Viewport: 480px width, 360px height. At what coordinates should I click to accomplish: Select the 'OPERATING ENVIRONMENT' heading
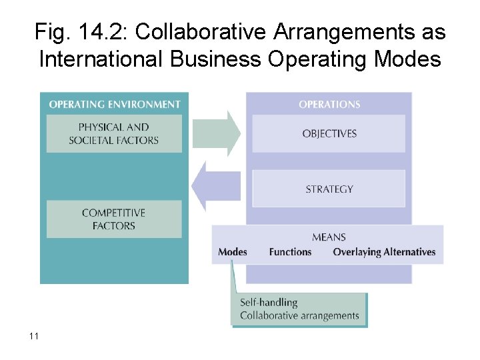115,104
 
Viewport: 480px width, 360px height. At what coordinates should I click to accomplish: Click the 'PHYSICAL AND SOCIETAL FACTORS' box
114,133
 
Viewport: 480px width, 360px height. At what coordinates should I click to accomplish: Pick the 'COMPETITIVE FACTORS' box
113,219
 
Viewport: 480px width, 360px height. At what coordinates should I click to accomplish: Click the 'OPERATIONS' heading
329,104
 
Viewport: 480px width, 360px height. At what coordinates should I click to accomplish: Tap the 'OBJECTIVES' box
329,133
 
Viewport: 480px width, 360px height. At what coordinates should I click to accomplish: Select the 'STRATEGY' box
329,189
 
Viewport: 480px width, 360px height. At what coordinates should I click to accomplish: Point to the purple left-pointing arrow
216,186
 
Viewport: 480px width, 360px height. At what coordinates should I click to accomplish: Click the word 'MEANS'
329,237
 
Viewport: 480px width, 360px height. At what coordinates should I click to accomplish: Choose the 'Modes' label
233,252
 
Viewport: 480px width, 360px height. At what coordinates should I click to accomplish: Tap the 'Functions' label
290,252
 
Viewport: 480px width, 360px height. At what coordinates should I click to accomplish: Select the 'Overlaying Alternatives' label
384,252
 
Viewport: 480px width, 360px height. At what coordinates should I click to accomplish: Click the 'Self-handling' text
269,303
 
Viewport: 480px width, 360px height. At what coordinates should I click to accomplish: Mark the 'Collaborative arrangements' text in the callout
299,315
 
